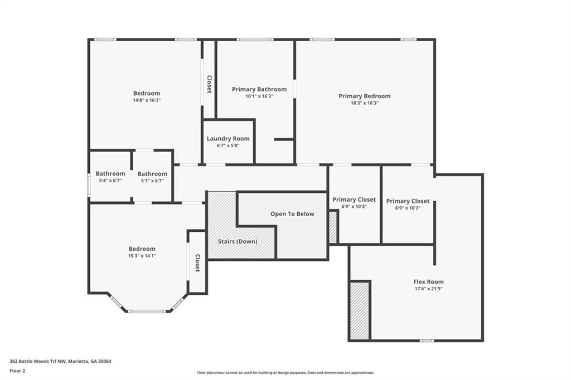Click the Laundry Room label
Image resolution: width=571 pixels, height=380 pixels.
(228, 139)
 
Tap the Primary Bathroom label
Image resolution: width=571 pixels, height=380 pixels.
(259, 89)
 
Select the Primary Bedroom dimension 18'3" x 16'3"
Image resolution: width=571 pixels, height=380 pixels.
(365, 103)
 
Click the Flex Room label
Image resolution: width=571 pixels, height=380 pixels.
(429, 282)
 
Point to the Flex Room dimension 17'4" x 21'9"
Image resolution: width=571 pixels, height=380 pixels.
(429, 289)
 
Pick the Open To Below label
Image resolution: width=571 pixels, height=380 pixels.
(292, 214)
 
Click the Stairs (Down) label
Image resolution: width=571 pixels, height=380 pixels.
(238, 241)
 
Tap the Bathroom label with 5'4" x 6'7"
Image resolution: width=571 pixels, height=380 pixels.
(110, 174)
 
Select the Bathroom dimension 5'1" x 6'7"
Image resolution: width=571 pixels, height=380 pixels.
(152, 181)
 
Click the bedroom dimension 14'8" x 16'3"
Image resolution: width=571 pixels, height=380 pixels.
(147, 100)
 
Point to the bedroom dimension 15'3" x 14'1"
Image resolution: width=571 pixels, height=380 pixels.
(142, 256)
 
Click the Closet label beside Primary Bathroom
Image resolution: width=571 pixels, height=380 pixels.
(210, 84)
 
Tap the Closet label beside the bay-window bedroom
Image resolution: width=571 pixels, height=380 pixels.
(197, 263)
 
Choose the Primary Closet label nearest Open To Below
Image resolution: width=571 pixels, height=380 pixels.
(354, 199)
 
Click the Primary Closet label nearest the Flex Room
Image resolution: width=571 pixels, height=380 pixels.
(408, 201)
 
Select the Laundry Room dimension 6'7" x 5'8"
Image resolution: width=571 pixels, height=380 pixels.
(228, 145)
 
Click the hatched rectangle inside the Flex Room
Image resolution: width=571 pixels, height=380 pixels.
(360, 310)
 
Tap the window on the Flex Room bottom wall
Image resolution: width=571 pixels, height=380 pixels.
(427, 340)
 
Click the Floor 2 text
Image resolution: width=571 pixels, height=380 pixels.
(17, 371)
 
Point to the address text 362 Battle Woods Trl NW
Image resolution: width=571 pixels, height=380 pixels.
(38, 362)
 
